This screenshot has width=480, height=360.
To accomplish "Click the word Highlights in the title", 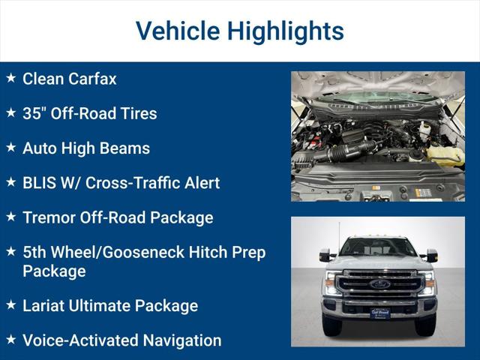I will (x=286, y=31).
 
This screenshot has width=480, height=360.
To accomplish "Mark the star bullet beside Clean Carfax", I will (x=10, y=77).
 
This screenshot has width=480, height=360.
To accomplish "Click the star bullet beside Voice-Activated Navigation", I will (x=10, y=339).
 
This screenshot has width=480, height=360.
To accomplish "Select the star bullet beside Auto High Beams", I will (x=10, y=147).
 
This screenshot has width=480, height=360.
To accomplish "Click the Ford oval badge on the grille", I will (x=379, y=284).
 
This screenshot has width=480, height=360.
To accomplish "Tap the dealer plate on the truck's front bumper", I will (x=379, y=313).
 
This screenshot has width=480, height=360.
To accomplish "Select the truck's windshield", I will (x=378, y=247).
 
